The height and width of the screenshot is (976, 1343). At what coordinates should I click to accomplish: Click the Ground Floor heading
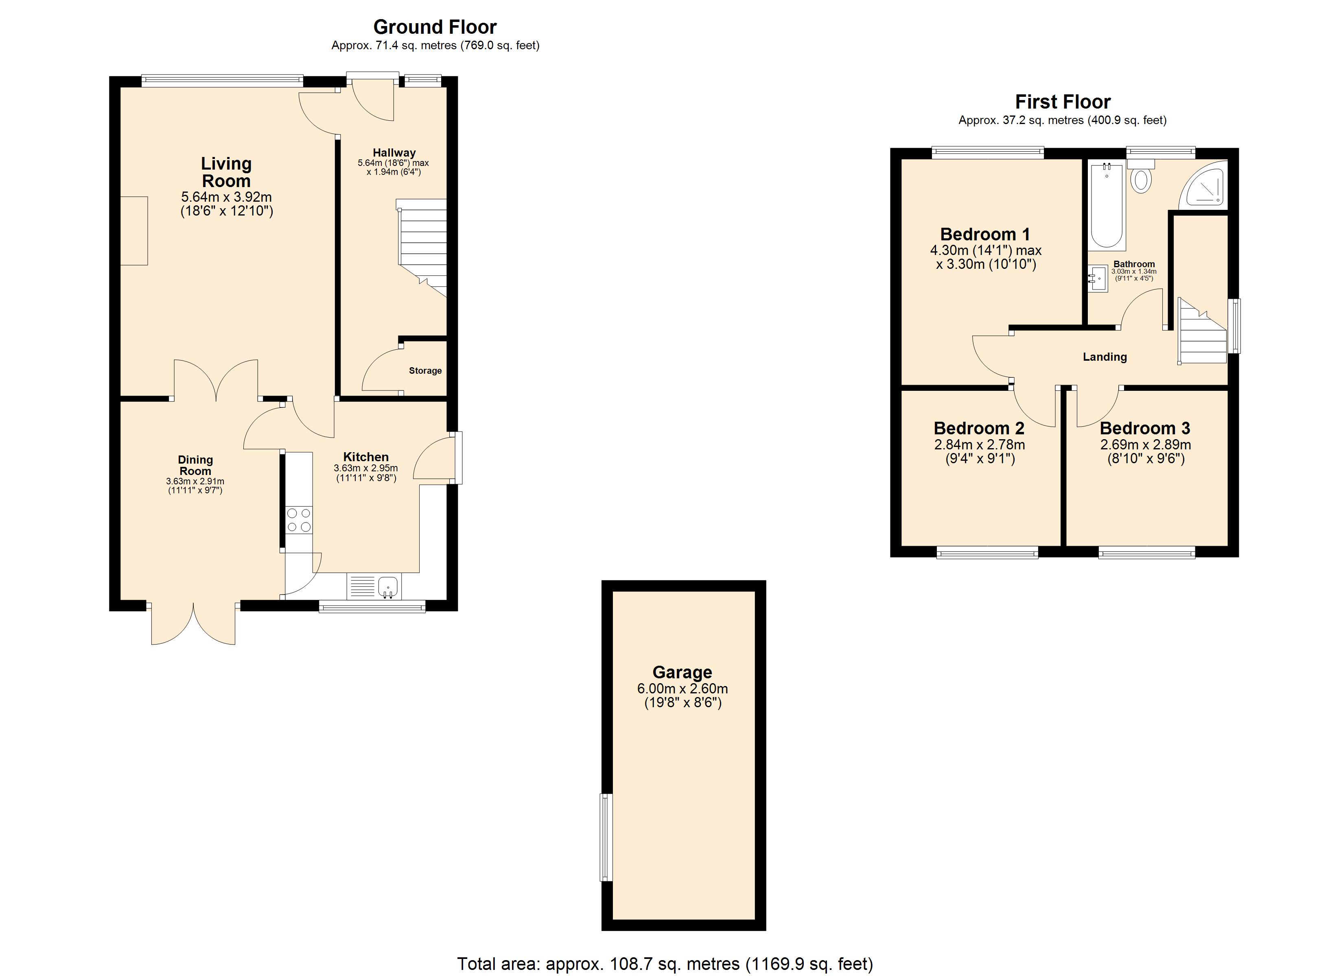click(435, 27)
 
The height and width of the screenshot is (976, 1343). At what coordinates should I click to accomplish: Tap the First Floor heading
click(1063, 102)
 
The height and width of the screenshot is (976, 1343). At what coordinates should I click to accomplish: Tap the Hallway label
click(394, 153)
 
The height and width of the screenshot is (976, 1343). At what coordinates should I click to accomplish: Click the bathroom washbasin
click(1098, 278)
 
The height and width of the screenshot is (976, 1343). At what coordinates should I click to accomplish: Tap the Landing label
click(1105, 357)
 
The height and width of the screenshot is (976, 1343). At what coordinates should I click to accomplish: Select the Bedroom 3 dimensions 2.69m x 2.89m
click(1146, 444)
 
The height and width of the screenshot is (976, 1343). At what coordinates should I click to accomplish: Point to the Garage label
click(682, 672)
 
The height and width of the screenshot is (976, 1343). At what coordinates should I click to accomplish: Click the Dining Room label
click(195, 465)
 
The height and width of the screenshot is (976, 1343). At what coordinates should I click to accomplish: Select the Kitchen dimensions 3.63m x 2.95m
click(366, 468)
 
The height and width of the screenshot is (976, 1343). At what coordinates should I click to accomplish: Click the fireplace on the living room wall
click(134, 231)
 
